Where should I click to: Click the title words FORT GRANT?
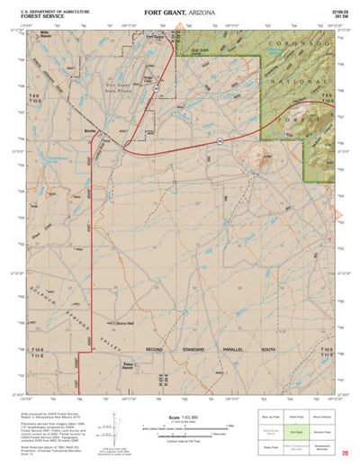click(164, 12)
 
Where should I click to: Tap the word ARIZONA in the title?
click(203, 12)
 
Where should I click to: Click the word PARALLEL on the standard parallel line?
click(219, 350)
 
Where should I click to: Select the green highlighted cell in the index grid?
click(295, 432)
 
